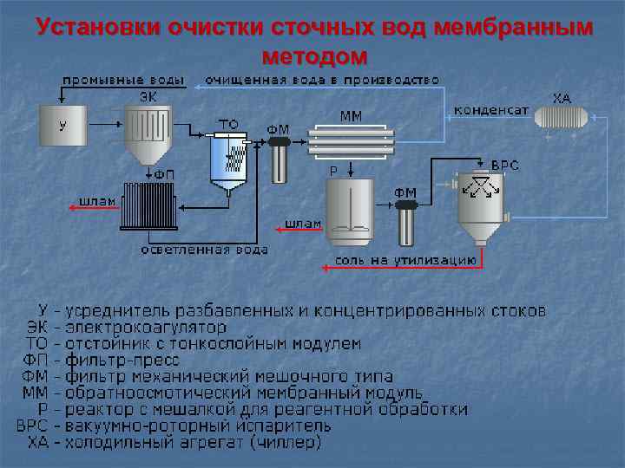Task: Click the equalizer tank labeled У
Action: (62, 126)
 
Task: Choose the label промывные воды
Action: (122, 80)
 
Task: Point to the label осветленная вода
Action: (205, 250)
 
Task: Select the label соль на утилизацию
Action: (405, 258)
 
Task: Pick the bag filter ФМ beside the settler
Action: (278, 157)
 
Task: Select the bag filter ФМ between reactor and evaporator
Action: (405, 223)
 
